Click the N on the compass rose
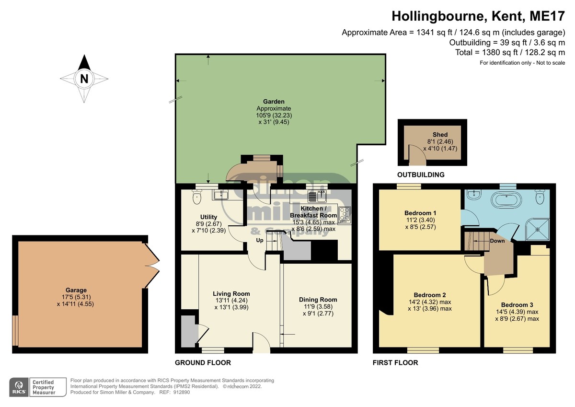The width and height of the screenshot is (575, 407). pos(84,79)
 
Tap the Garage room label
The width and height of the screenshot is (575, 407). pos(76,290)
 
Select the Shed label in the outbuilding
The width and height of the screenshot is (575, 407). pos(440,135)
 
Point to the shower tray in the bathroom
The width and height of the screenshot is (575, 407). pos(538,229)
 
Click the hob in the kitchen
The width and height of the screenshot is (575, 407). pos(345,215)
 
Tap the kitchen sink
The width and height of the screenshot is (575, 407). pos(317,197)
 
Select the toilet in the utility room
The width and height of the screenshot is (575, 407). pos(197,197)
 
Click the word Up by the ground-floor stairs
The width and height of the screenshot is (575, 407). pos(260,240)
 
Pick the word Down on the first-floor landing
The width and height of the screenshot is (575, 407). pos(497,241)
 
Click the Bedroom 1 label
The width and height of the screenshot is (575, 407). pos(420,213)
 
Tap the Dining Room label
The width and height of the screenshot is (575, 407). pos(318,300)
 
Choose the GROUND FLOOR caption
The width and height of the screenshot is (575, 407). pos(203,362)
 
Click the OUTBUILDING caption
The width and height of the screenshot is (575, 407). pos(421,175)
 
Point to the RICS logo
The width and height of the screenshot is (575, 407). pos(19,387)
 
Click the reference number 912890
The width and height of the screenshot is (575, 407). pos(182,392)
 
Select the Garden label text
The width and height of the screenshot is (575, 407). pos(274,102)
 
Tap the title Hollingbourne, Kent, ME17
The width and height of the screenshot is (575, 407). pos(478,16)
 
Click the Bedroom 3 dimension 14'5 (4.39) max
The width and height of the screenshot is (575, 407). pos(517,312)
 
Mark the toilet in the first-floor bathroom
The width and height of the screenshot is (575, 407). pos(540,197)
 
